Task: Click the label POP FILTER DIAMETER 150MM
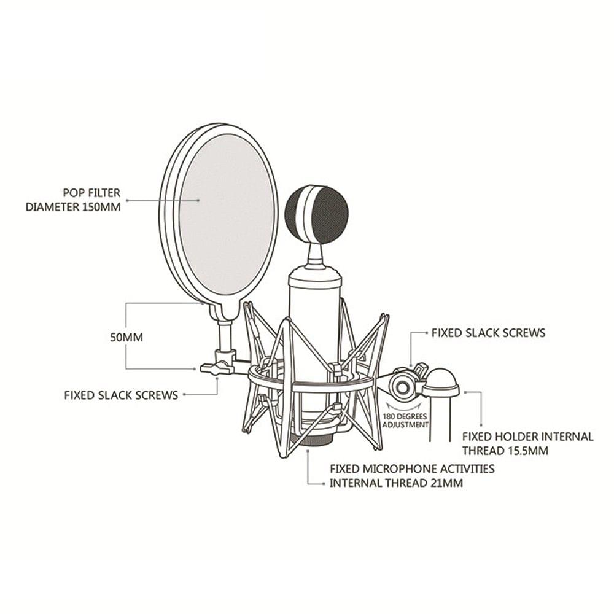[x=73, y=200]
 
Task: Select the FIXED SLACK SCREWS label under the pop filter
[x=121, y=395]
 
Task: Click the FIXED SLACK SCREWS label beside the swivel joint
[x=488, y=333]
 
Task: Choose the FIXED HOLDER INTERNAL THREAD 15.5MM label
[x=527, y=443]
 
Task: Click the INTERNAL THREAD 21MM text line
[x=396, y=483]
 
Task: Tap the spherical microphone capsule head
[x=316, y=215]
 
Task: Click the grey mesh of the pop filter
[x=227, y=215]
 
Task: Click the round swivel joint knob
[x=403, y=387]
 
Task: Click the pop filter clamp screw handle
[x=212, y=368]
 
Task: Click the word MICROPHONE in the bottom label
[x=392, y=469]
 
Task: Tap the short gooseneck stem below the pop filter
[x=225, y=335]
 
